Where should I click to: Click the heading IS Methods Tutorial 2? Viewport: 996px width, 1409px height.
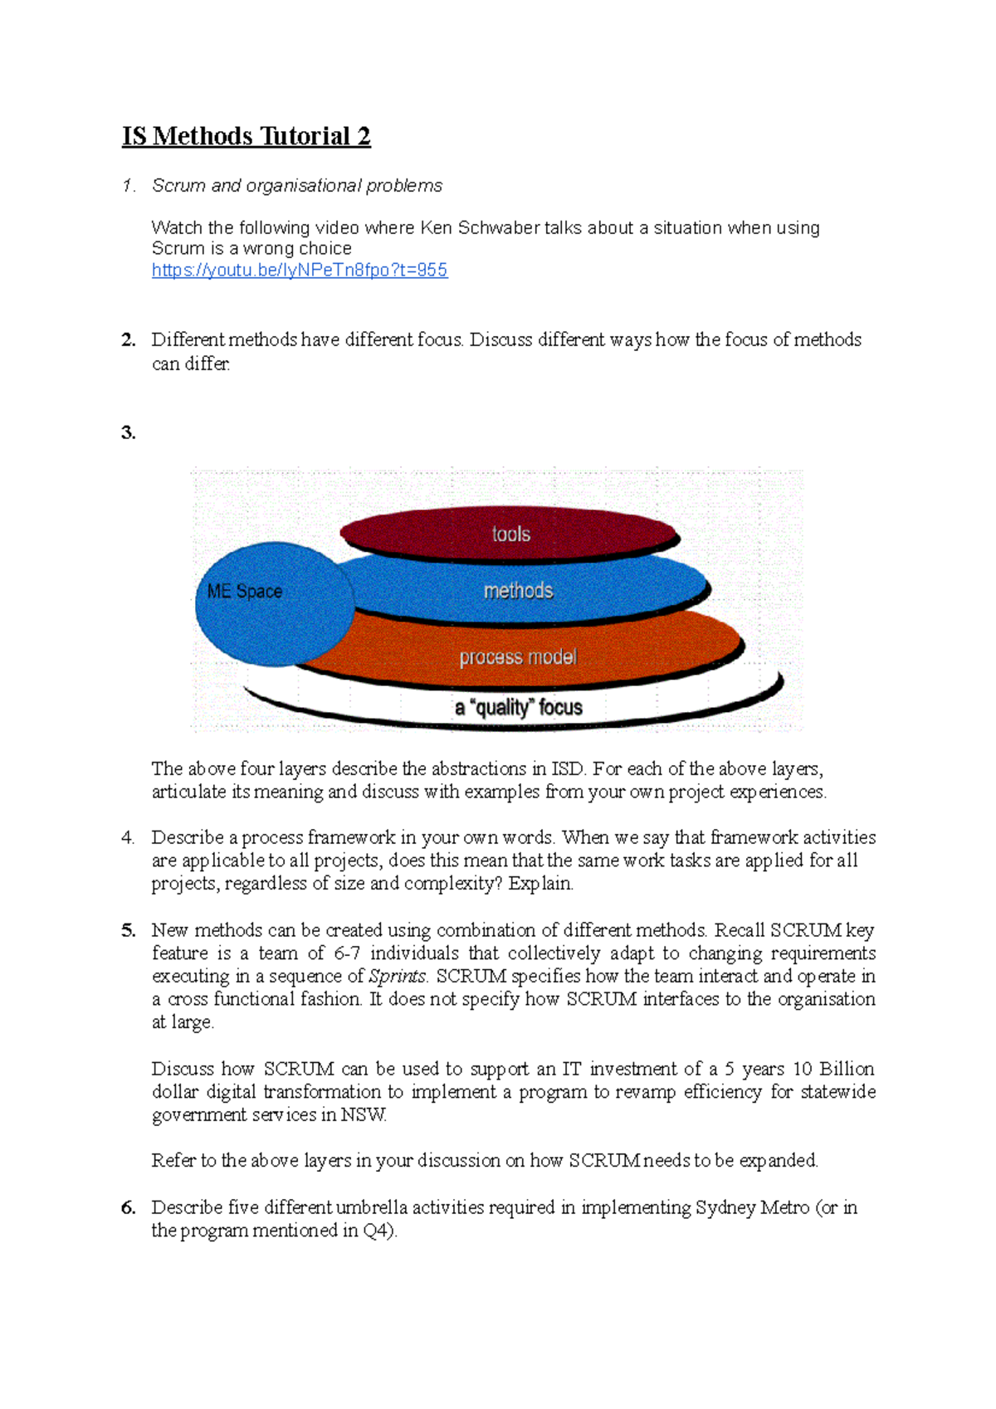coord(246,136)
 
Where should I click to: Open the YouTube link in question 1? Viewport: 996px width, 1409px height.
coord(300,271)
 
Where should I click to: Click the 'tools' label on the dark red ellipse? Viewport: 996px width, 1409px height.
coord(510,534)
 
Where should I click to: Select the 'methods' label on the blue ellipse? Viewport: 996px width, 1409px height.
coord(518,591)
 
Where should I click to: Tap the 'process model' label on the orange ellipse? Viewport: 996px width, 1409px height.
coord(518,657)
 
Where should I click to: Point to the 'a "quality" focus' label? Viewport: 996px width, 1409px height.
coord(518,708)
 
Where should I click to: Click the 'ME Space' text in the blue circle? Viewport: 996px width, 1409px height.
coord(245,592)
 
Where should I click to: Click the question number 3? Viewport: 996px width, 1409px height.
coord(128,432)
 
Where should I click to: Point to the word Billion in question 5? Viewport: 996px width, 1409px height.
coord(847,1069)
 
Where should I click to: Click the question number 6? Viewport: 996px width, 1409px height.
coord(128,1208)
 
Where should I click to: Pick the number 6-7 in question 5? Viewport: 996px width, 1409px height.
coord(347,953)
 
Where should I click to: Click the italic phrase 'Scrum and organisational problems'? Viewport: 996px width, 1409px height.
coord(297,186)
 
